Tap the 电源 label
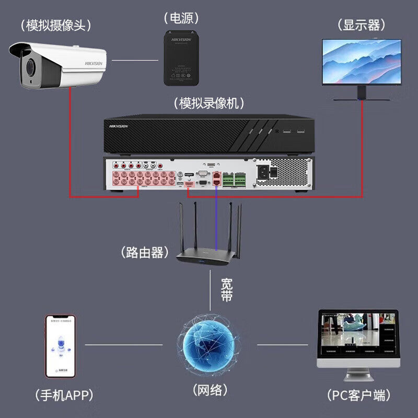(181, 18)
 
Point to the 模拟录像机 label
(209, 103)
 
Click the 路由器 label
(145, 253)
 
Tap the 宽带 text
(226, 290)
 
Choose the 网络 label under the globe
(210, 390)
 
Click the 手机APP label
(59, 394)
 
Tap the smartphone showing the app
(60, 346)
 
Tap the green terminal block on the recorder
(234, 180)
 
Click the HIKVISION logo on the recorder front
(119, 126)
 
